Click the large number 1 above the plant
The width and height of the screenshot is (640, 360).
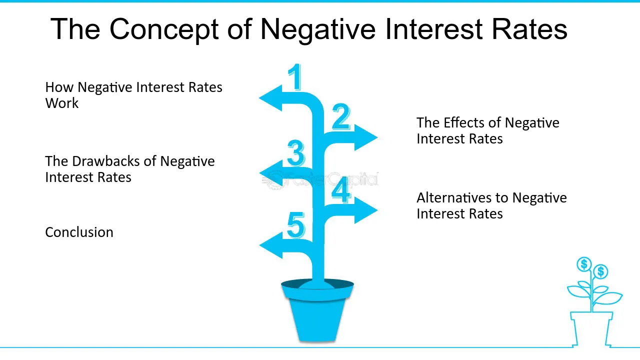295,77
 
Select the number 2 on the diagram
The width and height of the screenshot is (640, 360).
341,117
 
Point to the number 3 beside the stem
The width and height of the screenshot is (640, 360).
295,153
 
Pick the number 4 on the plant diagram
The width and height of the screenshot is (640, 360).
341,189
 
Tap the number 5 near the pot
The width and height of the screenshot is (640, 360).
295,225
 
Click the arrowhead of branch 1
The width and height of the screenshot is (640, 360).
270,98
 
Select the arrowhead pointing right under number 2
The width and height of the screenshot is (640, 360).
366,137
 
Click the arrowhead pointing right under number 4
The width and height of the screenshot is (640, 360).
366,210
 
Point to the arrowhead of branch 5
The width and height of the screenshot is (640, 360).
271,245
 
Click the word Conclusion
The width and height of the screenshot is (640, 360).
79,232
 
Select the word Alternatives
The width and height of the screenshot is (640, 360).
454,197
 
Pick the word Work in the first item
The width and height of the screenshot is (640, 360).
61,103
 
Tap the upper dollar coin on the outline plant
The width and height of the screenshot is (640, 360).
584,264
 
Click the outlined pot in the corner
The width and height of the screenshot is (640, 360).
591,329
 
